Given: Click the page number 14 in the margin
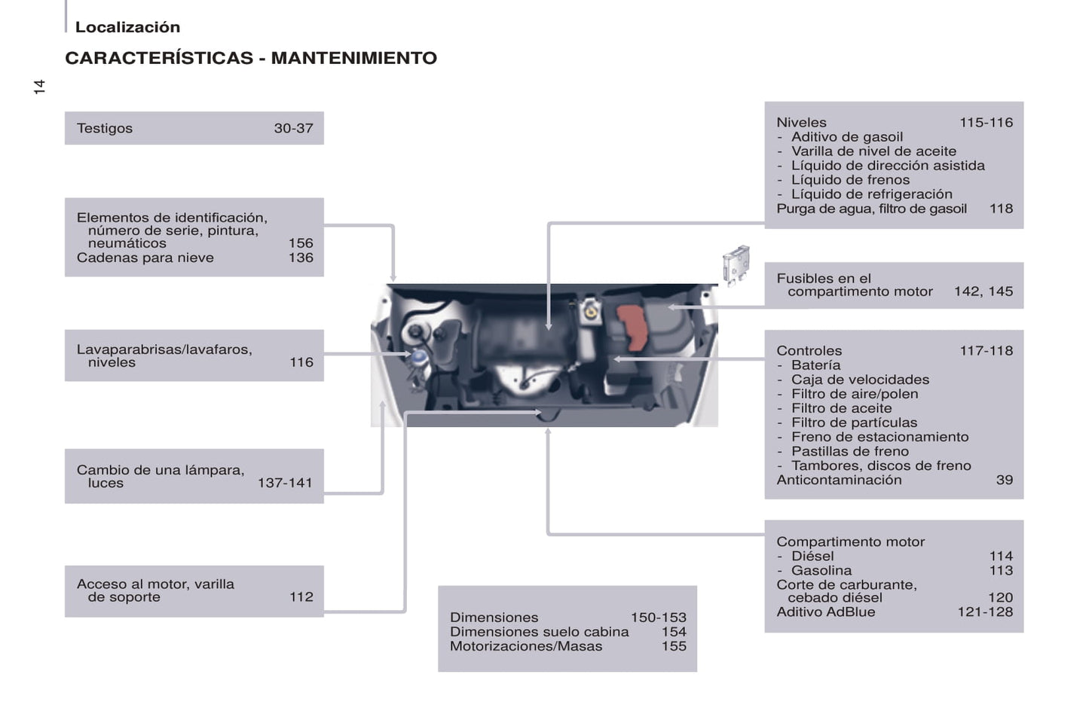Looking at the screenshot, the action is (39, 87).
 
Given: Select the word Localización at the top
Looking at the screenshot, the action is (127, 26).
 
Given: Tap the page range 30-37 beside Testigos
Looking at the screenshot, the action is (294, 128).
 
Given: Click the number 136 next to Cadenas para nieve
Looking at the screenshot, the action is (301, 258).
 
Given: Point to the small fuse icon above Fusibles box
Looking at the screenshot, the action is (736, 265).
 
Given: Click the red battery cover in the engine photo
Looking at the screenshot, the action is (632, 327).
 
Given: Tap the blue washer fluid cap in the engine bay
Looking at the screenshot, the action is (418, 358).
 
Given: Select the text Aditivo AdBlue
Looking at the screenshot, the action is (825, 612).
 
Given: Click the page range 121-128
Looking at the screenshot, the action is (985, 612).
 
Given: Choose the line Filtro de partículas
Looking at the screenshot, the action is (854, 422).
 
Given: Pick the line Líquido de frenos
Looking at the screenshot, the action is (850, 180).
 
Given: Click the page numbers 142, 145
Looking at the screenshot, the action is (983, 291).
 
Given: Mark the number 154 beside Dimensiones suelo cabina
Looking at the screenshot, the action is (674, 632).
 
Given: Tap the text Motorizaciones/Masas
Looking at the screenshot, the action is (526, 646).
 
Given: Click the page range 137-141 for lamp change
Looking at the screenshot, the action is (285, 483).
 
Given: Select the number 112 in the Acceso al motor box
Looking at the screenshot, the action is (301, 596).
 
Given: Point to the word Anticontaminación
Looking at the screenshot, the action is (839, 480).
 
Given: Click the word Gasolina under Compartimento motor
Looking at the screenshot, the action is (821, 571).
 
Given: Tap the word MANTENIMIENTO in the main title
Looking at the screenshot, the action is (354, 58).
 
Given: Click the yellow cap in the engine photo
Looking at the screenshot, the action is (591, 312).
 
